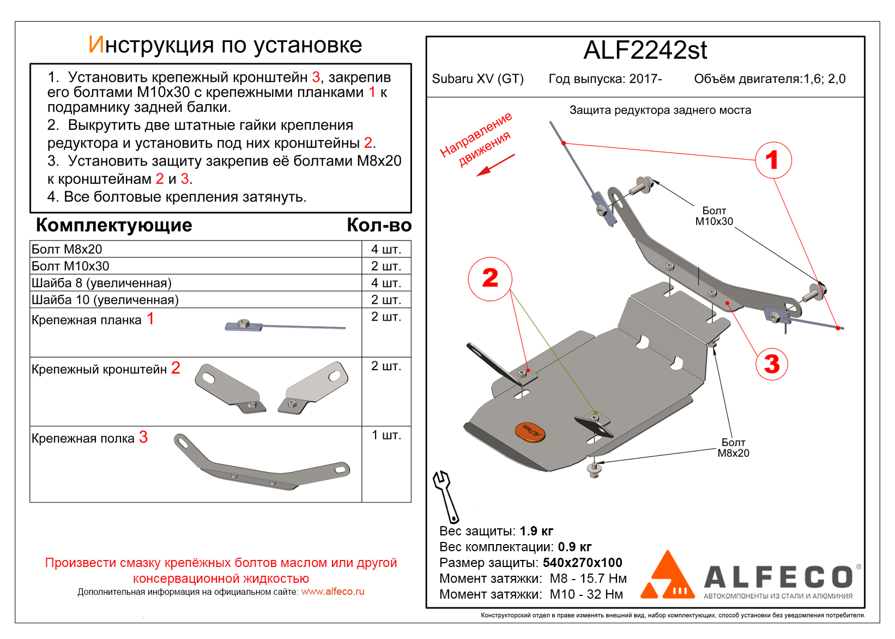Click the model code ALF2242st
click(x=645, y=51)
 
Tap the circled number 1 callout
click(x=773, y=160)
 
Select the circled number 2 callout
click(x=490, y=279)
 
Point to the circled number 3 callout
click(x=771, y=364)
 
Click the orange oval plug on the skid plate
click(x=530, y=431)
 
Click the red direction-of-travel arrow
click(x=495, y=165)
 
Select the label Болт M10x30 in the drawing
click(x=714, y=216)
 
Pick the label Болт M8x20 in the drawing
click(x=733, y=448)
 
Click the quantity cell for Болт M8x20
click(x=386, y=249)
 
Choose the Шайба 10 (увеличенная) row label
click(x=105, y=300)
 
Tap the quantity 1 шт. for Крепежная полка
click(x=386, y=435)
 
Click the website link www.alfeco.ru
click(x=332, y=592)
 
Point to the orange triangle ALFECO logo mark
click(x=667, y=576)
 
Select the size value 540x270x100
click(x=582, y=563)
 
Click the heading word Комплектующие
click(x=114, y=225)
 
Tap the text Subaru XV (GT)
click(x=477, y=79)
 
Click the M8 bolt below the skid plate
click(x=594, y=469)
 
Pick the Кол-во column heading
click(x=379, y=225)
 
